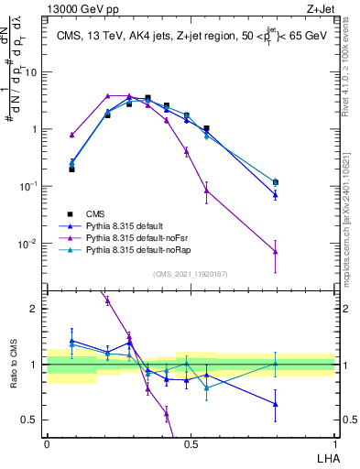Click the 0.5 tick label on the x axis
(191, 442)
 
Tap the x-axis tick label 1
(334, 442)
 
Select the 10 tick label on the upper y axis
(32, 71)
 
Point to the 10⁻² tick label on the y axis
(30, 244)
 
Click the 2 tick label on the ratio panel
(35, 309)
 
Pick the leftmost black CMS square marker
(71, 169)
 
